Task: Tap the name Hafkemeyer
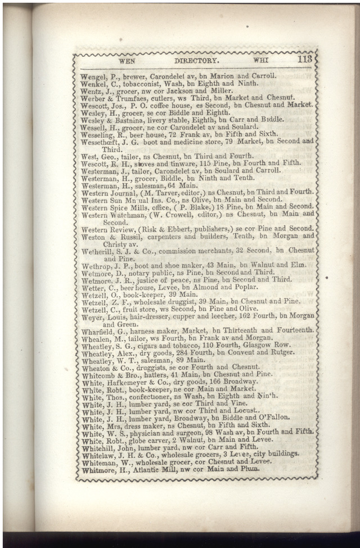point(133,382)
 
